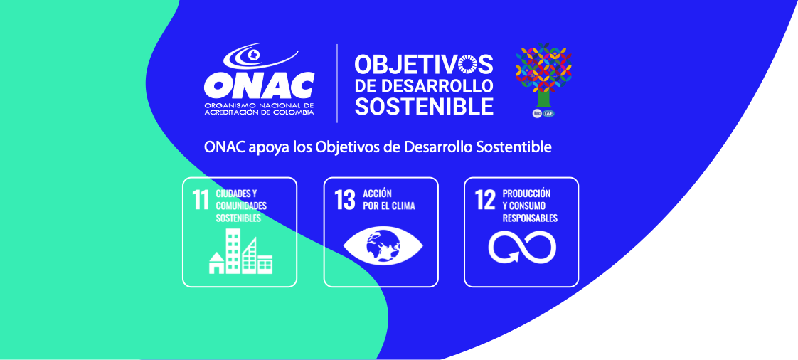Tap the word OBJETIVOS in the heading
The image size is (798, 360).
pyautogui.click(x=424, y=64)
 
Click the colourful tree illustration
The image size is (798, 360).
pyautogui.click(x=543, y=75)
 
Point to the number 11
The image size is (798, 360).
pyautogui.click(x=201, y=201)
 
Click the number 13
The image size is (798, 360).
pyautogui.click(x=344, y=201)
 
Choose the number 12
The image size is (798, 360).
pyautogui.click(x=485, y=201)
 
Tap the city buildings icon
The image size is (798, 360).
pyautogui.click(x=240, y=251)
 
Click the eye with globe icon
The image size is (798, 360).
pyautogui.click(x=383, y=245)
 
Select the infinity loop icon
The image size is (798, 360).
pyautogui.click(x=522, y=246)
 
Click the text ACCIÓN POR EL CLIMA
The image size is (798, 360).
pyautogui.click(x=389, y=200)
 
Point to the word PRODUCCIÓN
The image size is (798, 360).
pyautogui.click(x=526, y=194)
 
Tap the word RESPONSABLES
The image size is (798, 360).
pyautogui.click(x=530, y=218)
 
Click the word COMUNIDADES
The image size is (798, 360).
pyautogui.click(x=241, y=206)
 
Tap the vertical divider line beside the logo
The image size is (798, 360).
pyautogui.click(x=337, y=83)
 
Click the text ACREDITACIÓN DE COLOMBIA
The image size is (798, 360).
pyautogui.click(x=259, y=112)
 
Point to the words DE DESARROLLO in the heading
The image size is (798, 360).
pyautogui.click(x=424, y=85)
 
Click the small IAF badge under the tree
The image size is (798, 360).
pyautogui.click(x=549, y=113)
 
